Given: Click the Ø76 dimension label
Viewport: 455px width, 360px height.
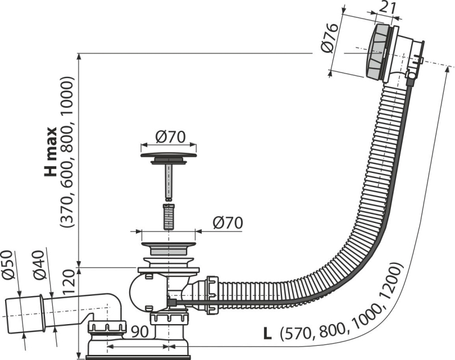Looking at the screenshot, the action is pos(330,38).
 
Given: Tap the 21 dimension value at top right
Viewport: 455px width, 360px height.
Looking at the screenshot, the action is pos(388,9).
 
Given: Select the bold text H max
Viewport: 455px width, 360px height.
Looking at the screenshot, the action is pos(50,151).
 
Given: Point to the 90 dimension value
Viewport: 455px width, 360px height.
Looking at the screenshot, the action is pos(139,332).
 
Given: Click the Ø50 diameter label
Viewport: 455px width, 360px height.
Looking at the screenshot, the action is pos(9,265).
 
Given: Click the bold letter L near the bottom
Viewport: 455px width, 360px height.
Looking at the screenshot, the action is pos(267,334).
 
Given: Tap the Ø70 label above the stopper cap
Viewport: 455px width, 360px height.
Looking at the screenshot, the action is pos(170,137).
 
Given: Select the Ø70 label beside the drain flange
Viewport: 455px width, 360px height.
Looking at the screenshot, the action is pos(228,223).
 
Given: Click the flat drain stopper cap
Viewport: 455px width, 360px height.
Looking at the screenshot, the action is pos(168,155).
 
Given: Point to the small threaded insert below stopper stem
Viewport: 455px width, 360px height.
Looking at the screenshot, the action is pos(168,217).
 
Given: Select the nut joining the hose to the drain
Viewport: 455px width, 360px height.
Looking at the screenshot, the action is pos(212,295).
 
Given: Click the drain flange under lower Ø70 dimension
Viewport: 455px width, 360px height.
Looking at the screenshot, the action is pos(168,248).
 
